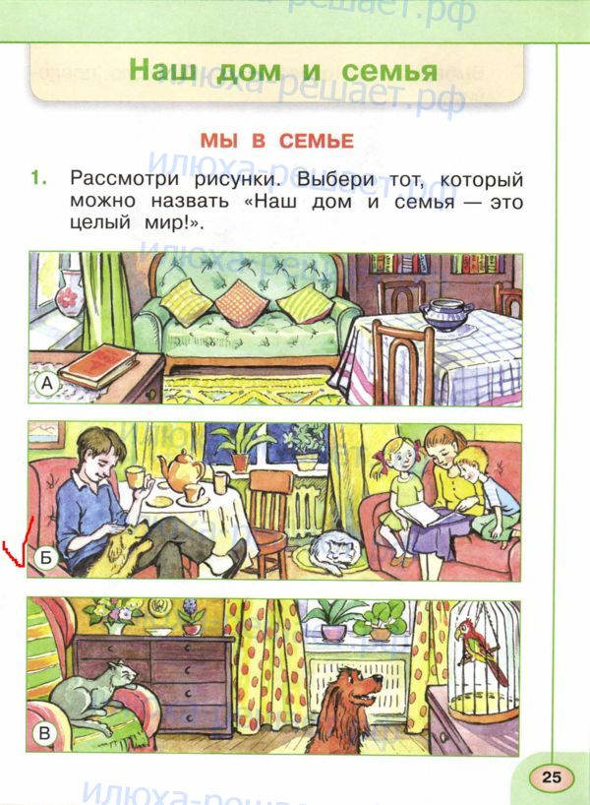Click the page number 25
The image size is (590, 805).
tap(552, 776)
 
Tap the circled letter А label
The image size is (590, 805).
tap(46, 384)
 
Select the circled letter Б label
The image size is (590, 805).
tap(46, 557)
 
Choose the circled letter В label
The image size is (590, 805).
tap(44, 732)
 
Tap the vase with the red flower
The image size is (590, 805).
tap(67, 293)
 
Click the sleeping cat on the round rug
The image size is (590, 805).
tap(334, 552)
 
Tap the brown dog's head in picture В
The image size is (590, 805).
tap(358, 687)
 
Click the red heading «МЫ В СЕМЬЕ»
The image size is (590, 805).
tap(277, 141)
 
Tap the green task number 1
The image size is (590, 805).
tap(38, 178)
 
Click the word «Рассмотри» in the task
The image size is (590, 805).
tap(124, 180)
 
